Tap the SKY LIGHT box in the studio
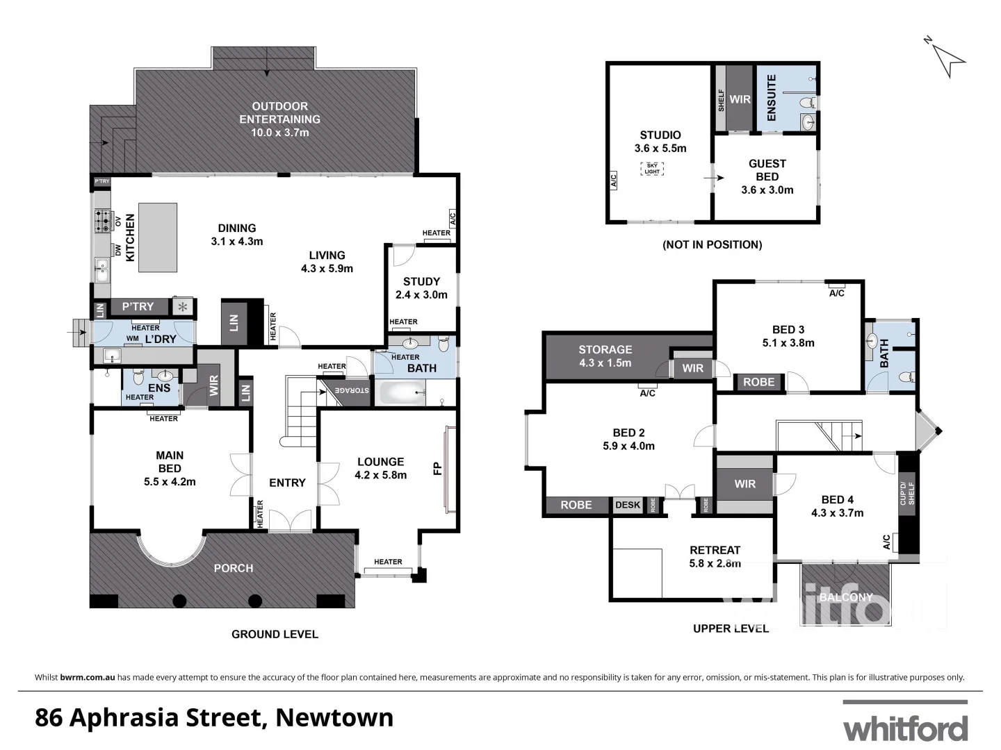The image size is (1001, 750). [652, 168]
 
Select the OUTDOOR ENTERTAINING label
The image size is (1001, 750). [279, 119]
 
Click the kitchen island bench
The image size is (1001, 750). [158, 237]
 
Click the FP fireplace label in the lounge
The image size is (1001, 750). [438, 469]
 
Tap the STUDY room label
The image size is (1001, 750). [421, 287]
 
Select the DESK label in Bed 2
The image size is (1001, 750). [628, 505]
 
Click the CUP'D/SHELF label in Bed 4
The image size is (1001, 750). [908, 494]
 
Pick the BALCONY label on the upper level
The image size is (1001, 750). [845, 597]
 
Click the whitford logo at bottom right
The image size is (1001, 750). [905, 728]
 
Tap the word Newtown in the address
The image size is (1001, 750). [334, 717]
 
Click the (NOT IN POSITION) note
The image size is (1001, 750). [712, 244]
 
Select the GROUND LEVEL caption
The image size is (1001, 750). [275, 634]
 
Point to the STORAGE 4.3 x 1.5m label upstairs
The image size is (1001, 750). [605, 356]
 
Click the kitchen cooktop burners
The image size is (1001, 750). [101, 221]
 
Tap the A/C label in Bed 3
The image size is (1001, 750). [836, 293]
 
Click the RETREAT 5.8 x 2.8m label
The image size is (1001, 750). [715, 556]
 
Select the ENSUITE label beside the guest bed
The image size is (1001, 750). [771, 98]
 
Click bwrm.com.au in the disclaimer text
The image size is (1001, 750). [88, 677]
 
